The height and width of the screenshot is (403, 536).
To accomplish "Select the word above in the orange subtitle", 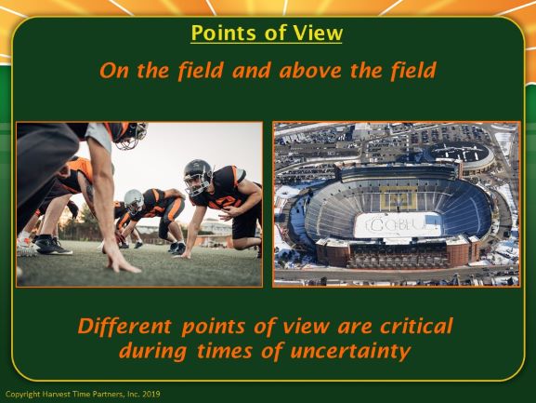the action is tap(310, 70).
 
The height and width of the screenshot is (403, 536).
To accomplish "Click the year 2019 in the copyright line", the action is tap(151, 394).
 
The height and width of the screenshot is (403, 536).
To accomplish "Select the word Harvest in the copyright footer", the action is tap(56, 394).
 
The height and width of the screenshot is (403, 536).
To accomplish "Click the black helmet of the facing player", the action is tap(198, 177).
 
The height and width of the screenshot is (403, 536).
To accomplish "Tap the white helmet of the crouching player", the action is tap(134, 202).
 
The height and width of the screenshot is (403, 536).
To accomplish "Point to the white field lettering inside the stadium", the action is tap(398, 224).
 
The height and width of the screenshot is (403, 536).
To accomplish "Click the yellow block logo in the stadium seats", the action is tap(399, 198).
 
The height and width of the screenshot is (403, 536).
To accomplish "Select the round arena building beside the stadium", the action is tap(461, 155).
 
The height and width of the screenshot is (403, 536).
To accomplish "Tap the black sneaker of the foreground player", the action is tap(53, 247).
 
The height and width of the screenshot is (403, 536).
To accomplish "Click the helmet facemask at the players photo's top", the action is tap(132, 137).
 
